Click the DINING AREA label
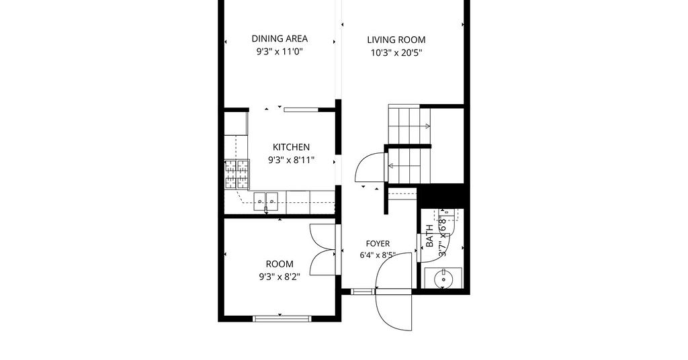point(279,38)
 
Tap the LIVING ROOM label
point(396,40)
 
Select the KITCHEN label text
point(292,147)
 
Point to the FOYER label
point(378,244)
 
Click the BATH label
point(429,236)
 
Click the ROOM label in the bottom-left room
point(279,264)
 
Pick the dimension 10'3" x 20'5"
point(396,53)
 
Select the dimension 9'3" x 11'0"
point(279,52)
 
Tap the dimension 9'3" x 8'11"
point(292,161)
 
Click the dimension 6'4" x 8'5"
point(378,255)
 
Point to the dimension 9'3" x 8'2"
point(279,277)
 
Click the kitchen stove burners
point(237,174)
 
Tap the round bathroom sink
point(443,278)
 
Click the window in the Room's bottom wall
point(282,318)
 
